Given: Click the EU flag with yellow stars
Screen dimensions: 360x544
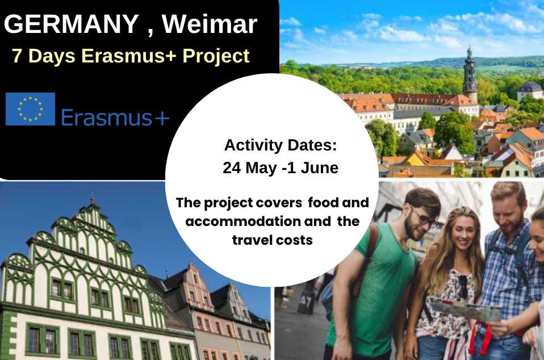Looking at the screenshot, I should point(30,108).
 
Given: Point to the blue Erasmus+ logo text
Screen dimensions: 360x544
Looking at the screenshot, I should point(115,118).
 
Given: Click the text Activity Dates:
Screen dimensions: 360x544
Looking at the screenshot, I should point(281,145).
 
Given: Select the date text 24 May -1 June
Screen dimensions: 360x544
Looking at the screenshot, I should point(281,168).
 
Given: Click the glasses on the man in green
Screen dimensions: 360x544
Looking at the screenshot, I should point(424,217).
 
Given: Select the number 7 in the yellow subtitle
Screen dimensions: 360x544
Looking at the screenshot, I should point(17,56).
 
